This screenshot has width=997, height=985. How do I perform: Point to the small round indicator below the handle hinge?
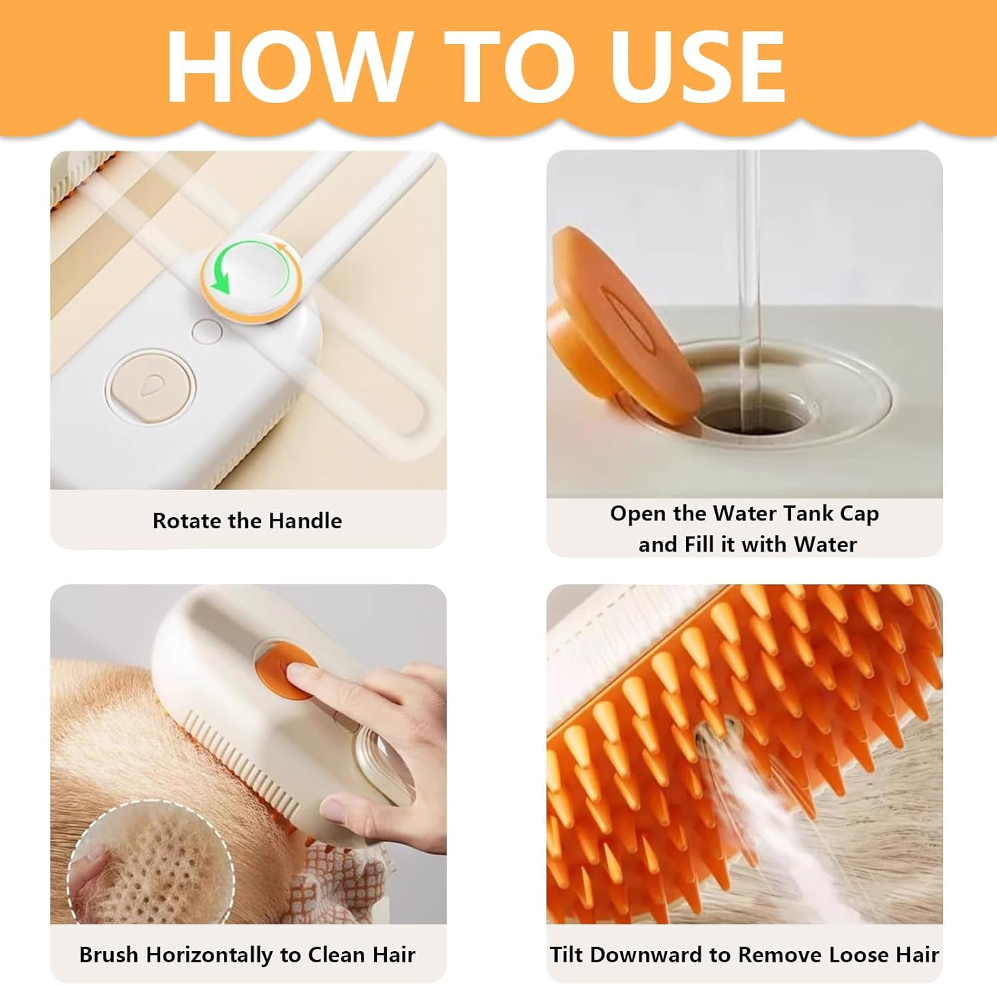click(x=205, y=330)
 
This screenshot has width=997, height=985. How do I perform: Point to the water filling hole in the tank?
click(x=754, y=419)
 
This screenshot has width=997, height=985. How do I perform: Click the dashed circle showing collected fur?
click(x=150, y=864)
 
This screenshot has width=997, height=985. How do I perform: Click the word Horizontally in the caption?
click(x=210, y=955)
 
